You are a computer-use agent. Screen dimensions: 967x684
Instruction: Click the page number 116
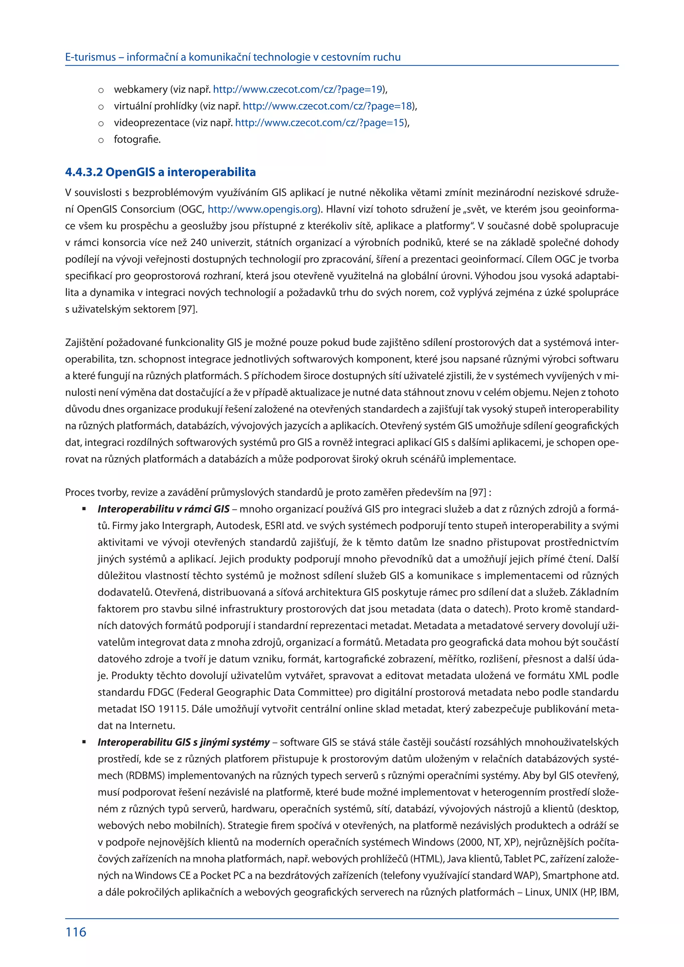point(76,932)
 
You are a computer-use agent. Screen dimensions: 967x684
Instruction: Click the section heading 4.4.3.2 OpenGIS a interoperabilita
point(160,172)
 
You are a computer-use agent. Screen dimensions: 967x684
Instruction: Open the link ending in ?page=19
point(298,89)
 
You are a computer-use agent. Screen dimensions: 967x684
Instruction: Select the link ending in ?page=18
point(327,106)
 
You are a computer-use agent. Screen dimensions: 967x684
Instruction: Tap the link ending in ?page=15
point(320,123)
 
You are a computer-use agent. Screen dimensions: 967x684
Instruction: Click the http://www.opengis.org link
point(263,209)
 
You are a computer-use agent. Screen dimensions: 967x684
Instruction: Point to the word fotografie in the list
point(137,139)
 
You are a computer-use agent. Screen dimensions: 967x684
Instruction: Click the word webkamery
point(141,89)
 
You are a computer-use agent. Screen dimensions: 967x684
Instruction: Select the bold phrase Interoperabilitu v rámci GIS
point(163,509)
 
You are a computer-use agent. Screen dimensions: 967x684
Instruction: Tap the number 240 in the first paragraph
point(198,243)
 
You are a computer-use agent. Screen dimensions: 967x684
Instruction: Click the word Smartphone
point(570,875)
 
